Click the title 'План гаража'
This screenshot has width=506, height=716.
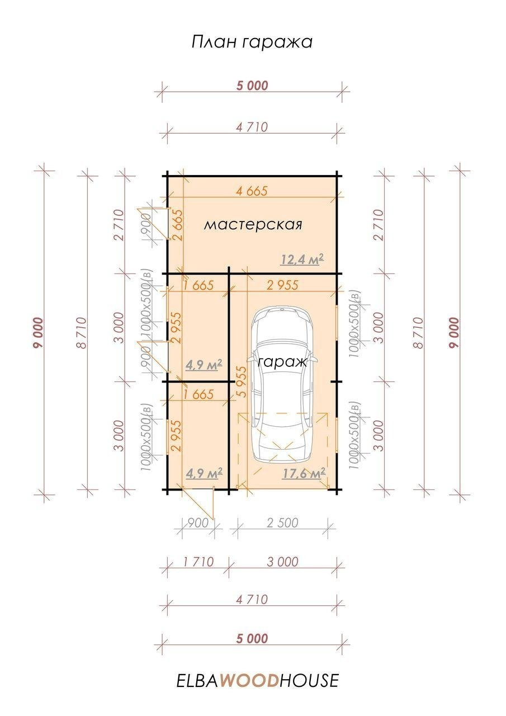click(x=252, y=42)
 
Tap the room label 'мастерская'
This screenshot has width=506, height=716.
click(x=253, y=224)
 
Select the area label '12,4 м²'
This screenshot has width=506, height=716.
click(x=302, y=259)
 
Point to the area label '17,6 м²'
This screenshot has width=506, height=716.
click(x=304, y=473)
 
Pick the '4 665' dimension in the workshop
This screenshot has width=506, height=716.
click(x=252, y=191)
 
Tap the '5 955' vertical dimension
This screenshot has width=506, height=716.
click(x=243, y=381)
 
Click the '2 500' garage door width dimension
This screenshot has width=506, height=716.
click(x=282, y=523)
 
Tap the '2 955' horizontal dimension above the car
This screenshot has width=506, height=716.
click(x=283, y=285)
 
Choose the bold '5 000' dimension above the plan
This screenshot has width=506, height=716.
click(x=252, y=86)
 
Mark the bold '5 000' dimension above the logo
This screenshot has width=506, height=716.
click(x=252, y=639)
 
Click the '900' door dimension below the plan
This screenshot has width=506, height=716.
click(x=198, y=523)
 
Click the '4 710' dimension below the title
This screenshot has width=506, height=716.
click(x=252, y=127)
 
